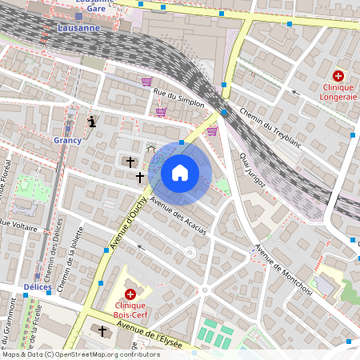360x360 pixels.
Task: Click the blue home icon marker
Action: pyautogui.click(x=180, y=172)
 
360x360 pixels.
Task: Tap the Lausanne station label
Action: pyautogui.click(x=79, y=27)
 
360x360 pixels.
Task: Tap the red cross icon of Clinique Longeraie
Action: pyautogui.click(x=338, y=74)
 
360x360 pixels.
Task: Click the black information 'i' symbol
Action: pyautogui.click(x=93, y=122)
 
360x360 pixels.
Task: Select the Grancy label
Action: pyautogui.click(x=68, y=140)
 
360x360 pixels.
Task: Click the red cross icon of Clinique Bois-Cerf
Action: pyautogui.click(x=130, y=294)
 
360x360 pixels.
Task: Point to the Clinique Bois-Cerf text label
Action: pyautogui.click(x=134, y=310)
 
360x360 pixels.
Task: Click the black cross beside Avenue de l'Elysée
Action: pyautogui.click(x=102, y=330)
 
